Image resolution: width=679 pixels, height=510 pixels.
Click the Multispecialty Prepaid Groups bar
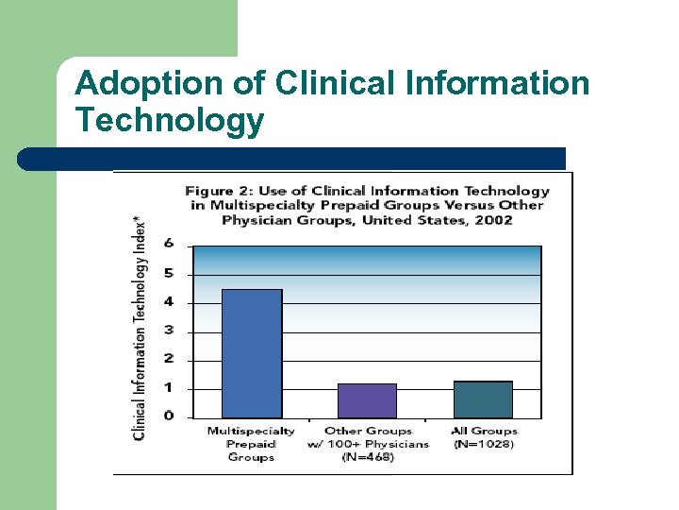point(251,353)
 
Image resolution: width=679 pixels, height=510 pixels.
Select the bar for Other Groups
point(367,400)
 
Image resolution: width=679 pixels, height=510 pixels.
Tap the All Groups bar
point(483,399)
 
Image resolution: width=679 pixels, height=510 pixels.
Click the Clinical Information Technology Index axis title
point(139,326)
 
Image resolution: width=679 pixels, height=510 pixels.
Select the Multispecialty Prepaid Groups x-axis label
point(251,444)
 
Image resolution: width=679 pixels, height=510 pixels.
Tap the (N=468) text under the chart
point(368,457)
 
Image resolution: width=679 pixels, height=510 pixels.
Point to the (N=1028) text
point(484,444)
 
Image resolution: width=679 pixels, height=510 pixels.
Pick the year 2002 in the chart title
point(494,220)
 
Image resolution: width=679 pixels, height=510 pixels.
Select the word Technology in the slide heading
point(170,121)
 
